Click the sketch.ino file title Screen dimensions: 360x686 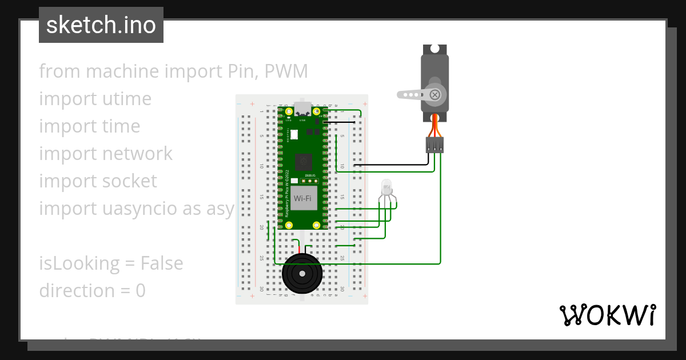click(101, 25)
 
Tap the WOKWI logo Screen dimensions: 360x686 click(607, 315)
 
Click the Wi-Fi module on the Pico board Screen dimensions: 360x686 click(302, 198)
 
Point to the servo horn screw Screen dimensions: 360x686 click(435, 94)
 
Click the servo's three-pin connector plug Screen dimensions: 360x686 click(435, 145)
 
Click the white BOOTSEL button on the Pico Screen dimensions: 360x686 click(294, 135)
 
